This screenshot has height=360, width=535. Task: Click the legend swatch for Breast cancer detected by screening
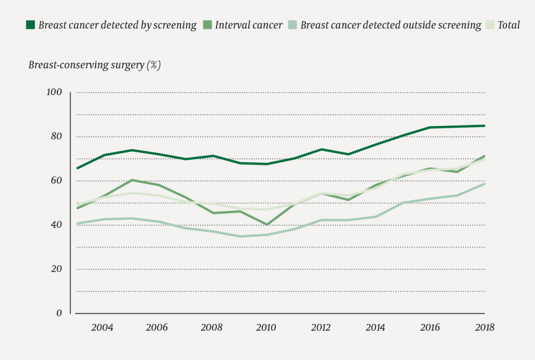pos(31,25)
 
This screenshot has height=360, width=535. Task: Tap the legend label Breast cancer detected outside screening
pos(391,25)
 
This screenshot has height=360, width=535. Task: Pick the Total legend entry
pos(508,25)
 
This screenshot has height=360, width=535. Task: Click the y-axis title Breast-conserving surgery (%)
pos(95,65)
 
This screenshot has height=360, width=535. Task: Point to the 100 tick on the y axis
pos(54,92)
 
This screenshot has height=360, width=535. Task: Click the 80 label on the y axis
pos(56,136)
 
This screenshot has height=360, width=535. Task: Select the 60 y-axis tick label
pos(56,181)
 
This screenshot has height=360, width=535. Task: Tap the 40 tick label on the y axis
pos(56,225)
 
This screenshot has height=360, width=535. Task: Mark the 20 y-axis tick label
pos(56,269)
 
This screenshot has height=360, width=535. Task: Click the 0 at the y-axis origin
pos(59,313)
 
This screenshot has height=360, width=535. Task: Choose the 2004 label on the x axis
pos(102,328)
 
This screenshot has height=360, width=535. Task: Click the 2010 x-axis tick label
pos(266,328)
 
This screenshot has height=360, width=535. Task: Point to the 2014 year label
pos(376,328)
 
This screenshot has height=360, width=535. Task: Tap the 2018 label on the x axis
pos(484,328)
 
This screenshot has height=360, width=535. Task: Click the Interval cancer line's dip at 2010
pos(267,225)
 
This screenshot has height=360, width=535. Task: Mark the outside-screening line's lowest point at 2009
pos(240,236)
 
